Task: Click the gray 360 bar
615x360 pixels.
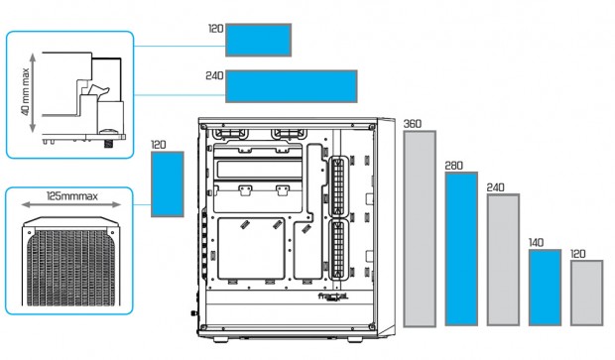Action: click(420, 229)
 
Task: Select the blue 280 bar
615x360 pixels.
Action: click(461, 249)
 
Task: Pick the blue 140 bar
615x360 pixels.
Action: click(545, 288)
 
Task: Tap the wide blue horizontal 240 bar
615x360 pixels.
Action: click(292, 86)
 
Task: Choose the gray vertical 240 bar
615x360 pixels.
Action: click(503, 260)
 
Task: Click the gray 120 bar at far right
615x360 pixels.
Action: click(587, 293)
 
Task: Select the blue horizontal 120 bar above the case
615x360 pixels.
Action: click(259, 40)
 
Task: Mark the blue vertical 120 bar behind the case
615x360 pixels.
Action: click(168, 183)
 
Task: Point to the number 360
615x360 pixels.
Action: click(413, 124)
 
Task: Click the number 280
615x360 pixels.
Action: click(453, 166)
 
